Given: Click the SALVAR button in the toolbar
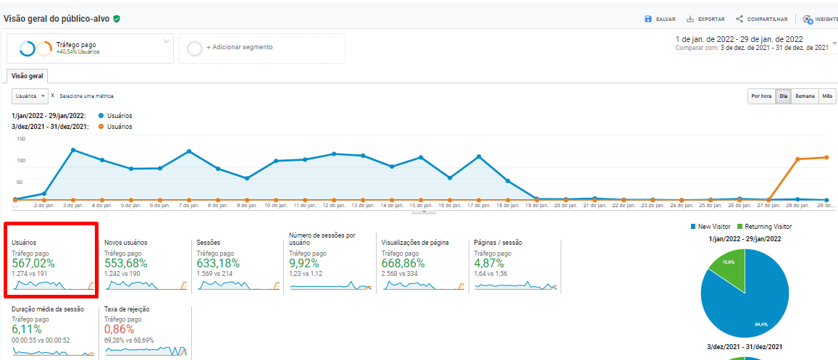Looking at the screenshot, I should pos(660,19).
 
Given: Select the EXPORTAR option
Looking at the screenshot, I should pos(705,19).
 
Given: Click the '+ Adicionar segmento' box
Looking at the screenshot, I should pos(261,48).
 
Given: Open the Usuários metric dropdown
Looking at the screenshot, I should pos(30,96).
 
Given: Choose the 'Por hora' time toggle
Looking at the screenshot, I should pos(761,96).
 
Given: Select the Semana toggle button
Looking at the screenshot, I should pos(805,96).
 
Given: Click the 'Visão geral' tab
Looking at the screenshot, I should pos(27,75).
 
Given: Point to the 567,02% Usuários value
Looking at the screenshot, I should pos(33,264).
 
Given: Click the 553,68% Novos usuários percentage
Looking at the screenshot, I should pos(127,264).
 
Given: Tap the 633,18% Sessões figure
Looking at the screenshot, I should pos(218,264).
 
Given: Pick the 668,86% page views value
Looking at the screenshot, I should pos(404,264).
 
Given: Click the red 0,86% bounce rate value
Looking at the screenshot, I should pos(120,330).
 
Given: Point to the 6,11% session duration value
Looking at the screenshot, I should pos(27,330).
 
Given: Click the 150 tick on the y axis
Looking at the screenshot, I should pos(20,138).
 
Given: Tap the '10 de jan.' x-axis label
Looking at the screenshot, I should pos(276,205).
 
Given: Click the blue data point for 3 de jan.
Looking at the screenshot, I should pos(73,150).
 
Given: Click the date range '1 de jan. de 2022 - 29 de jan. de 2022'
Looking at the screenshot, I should pos(739,39).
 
